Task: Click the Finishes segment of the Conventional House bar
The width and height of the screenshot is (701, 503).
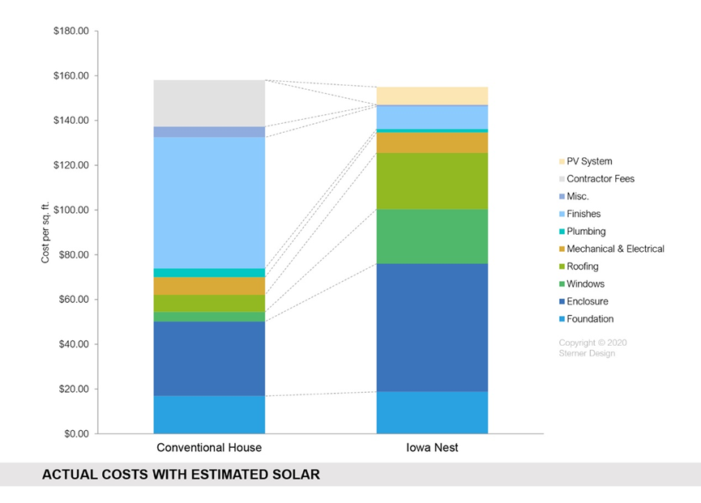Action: pyautogui.click(x=209, y=202)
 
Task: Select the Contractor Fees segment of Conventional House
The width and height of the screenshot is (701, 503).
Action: pyautogui.click(x=209, y=103)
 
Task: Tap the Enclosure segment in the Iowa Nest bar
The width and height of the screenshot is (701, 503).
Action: pyautogui.click(x=432, y=327)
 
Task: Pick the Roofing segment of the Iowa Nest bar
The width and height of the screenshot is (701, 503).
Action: pyautogui.click(x=432, y=181)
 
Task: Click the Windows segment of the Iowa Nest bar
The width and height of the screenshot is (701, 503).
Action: pyautogui.click(x=432, y=237)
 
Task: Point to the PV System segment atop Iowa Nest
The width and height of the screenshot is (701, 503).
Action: pyautogui.click(x=432, y=96)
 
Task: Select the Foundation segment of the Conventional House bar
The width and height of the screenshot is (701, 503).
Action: pyautogui.click(x=209, y=414)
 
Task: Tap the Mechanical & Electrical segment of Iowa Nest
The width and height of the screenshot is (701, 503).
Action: pyautogui.click(x=432, y=143)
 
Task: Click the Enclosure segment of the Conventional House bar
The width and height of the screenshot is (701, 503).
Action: pyautogui.click(x=209, y=359)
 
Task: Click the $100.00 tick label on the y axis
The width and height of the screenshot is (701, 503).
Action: pyautogui.click(x=70, y=211)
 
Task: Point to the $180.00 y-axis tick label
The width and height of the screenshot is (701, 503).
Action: pyautogui.click(x=70, y=32)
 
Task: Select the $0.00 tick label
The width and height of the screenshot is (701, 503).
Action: pyautogui.click(x=74, y=434)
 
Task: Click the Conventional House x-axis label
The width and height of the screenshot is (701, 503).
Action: pyautogui.click(x=209, y=448)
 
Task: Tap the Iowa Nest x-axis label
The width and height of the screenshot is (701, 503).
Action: pyautogui.click(x=432, y=448)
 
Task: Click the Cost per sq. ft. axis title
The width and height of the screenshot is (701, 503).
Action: pyautogui.click(x=45, y=233)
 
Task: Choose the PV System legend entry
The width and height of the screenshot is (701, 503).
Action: pyautogui.click(x=589, y=162)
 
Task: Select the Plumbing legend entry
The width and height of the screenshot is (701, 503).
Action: pyautogui.click(x=586, y=232)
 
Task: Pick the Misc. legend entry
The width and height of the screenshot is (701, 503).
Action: pyautogui.click(x=578, y=197)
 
